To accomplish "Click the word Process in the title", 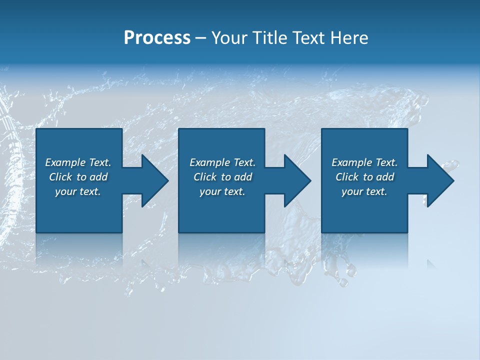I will (157, 38).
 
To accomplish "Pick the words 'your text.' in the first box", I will (78, 191).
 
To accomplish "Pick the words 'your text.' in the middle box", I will (222, 191).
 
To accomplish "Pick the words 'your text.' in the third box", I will (364, 191).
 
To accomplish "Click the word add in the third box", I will (385, 177).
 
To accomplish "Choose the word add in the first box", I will (98, 177).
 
